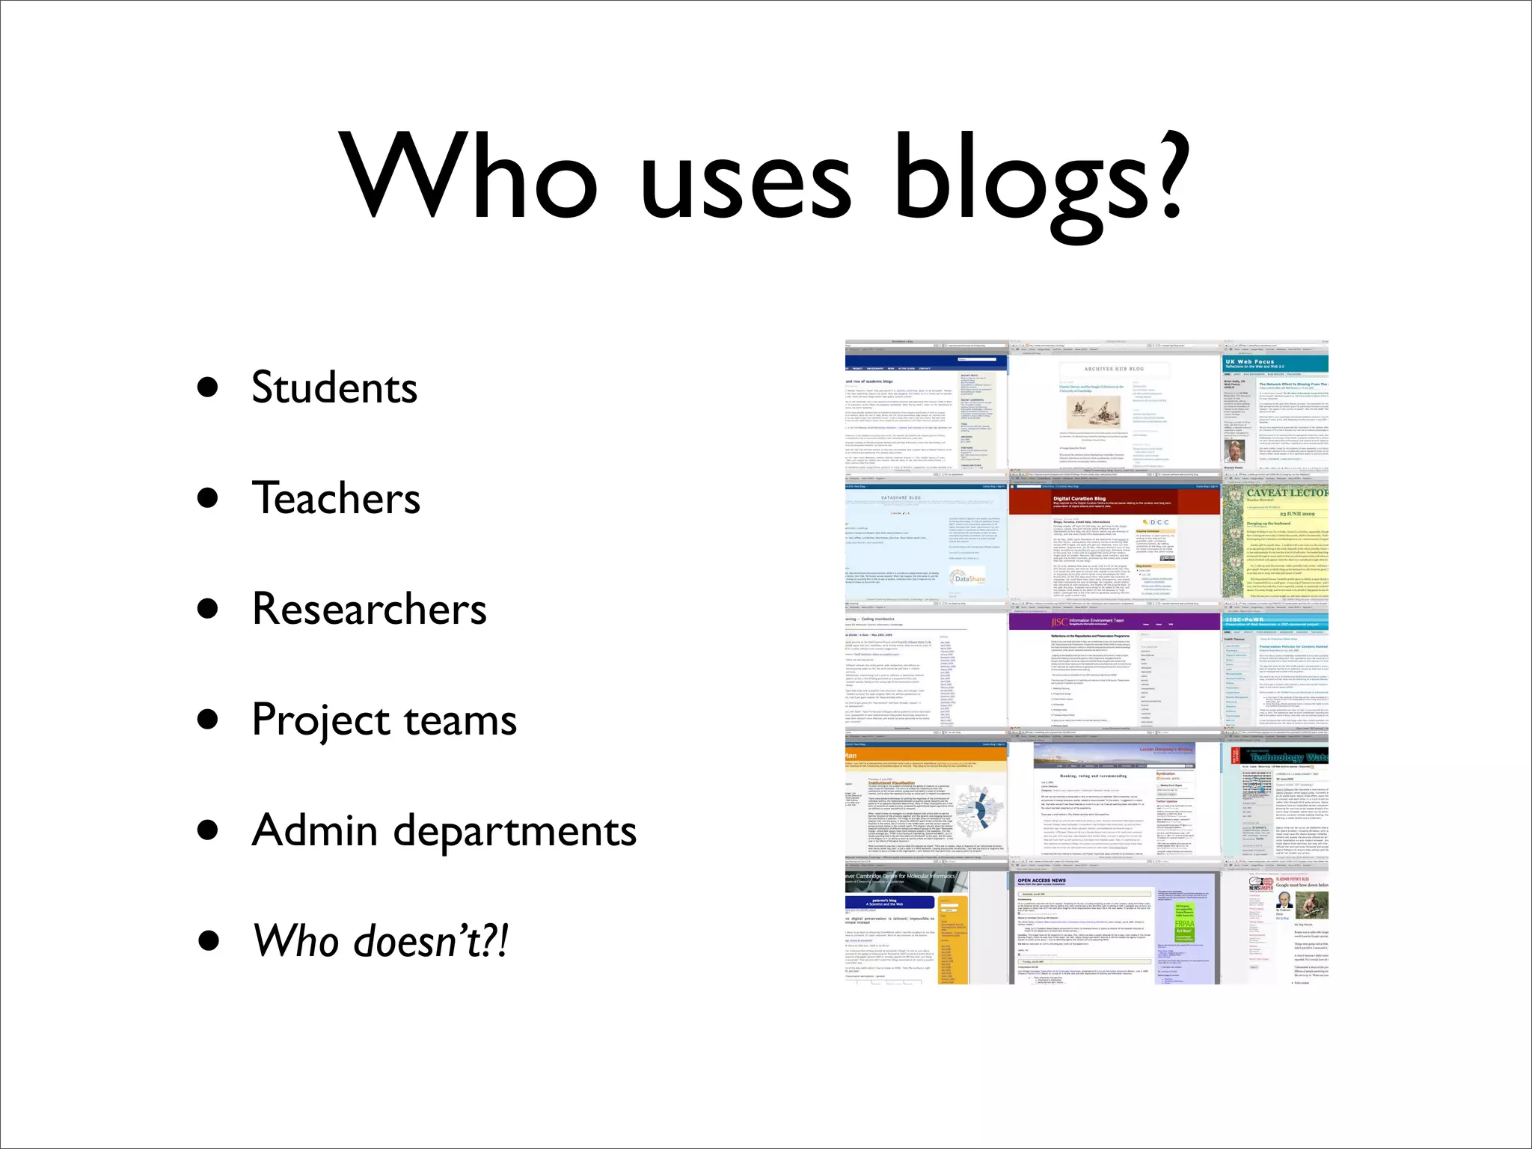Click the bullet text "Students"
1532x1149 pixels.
point(334,387)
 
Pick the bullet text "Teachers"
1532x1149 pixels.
point(336,498)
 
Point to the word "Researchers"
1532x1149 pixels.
point(370,609)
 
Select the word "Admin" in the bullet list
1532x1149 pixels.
point(315,830)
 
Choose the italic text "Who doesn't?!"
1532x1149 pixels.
point(381,941)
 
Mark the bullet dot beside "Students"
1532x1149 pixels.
point(208,387)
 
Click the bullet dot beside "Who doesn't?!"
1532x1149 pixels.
point(208,941)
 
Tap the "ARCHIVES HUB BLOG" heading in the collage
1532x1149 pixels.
point(1114,369)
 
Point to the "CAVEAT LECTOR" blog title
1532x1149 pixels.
point(1287,493)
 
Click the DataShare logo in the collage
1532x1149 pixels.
point(969,578)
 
